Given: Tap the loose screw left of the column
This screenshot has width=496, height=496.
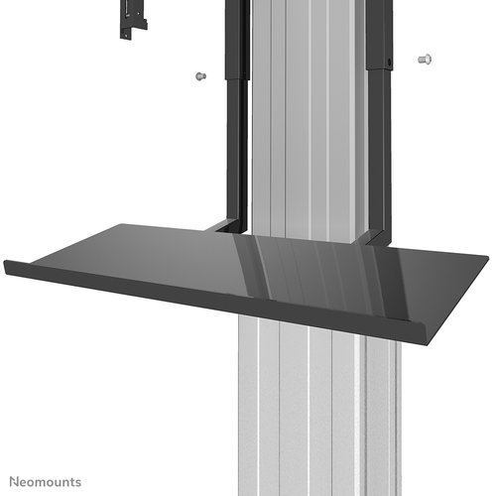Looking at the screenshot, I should [199, 75].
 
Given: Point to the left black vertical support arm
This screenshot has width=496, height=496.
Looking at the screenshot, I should [236, 149].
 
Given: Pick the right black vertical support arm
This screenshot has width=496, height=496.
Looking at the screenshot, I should [378, 159].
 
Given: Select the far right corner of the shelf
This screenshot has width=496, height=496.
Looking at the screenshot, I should [486, 260].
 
